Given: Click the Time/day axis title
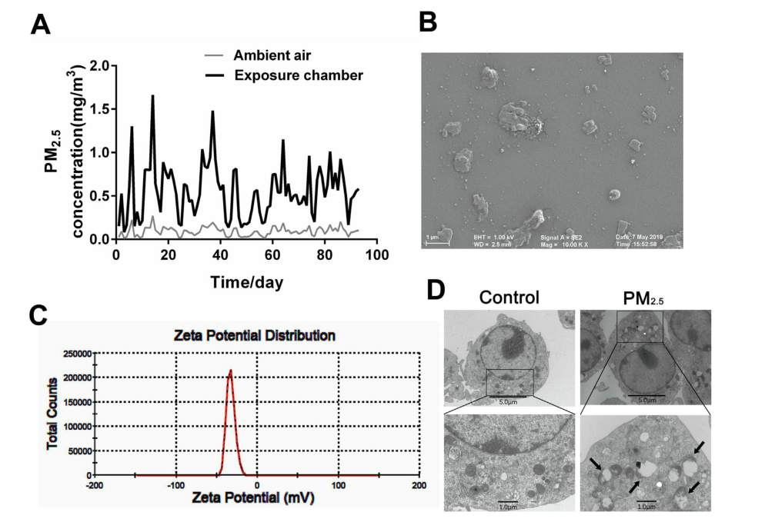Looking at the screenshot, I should [247, 283].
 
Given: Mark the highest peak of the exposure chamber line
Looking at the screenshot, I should [152, 96].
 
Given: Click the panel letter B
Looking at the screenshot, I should [428, 23].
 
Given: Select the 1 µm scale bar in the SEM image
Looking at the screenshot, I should [437, 241].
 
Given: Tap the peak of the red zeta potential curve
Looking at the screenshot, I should [229, 371].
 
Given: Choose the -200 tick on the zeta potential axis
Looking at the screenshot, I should [94, 486].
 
